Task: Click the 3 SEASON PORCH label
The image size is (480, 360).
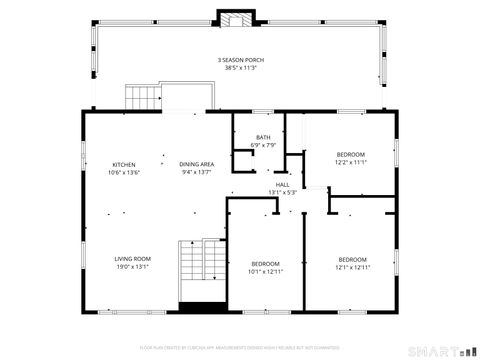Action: [239, 60]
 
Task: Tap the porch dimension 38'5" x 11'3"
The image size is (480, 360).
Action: [239, 68]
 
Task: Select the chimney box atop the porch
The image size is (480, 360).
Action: [236, 20]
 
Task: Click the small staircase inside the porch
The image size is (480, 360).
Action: [143, 98]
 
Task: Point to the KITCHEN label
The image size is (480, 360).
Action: [124, 164]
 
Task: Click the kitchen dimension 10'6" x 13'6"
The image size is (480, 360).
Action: [124, 172]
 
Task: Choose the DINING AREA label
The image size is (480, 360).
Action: [197, 164]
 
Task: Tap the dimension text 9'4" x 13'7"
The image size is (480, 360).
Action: [197, 172]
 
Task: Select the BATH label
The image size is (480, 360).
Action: [263, 137]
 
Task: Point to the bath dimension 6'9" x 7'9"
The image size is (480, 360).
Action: [263, 145]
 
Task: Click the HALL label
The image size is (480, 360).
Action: [283, 185]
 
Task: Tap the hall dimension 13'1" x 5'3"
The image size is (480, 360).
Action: [283, 193]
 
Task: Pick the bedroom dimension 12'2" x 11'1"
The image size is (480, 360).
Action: [351, 161]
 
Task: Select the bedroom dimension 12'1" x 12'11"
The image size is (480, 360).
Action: [352, 267]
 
